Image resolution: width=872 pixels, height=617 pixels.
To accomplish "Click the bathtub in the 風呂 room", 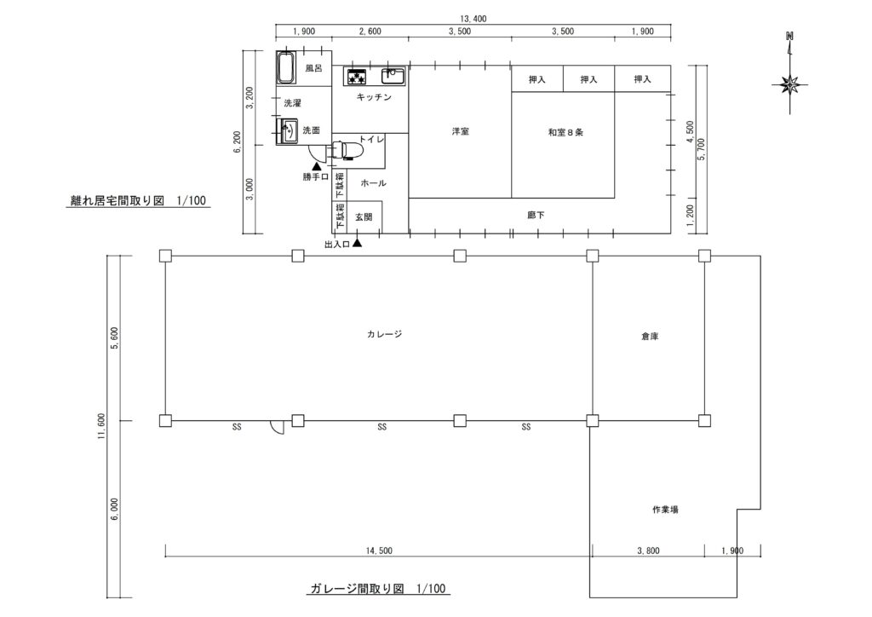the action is click(x=286, y=68).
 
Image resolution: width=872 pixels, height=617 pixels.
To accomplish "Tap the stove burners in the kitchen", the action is click(x=357, y=76).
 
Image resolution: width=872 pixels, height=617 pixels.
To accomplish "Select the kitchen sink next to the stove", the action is click(x=393, y=75).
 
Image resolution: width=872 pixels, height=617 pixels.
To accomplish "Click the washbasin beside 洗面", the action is click(x=288, y=132).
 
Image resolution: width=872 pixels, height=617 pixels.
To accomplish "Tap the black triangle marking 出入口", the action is click(x=357, y=243).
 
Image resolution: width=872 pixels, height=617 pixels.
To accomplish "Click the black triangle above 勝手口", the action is click(x=317, y=166).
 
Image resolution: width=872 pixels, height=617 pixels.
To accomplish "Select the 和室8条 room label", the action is click(x=565, y=132).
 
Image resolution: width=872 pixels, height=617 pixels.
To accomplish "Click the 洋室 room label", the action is click(x=461, y=131).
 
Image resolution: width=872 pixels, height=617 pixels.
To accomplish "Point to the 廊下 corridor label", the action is click(x=536, y=215).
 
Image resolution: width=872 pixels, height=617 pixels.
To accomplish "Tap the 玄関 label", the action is click(x=364, y=217).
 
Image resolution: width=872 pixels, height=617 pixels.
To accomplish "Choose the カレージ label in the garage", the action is click(x=384, y=334).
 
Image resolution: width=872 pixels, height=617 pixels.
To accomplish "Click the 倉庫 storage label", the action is click(x=650, y=336).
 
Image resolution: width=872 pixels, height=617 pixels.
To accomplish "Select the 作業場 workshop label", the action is click(x=665, y=509).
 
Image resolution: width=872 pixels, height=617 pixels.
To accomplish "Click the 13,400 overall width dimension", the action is click(x=473, y=19).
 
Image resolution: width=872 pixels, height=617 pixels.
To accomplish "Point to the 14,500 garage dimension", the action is click(x=379, y=551).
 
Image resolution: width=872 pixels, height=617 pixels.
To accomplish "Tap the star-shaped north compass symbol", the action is click(x=789, y=84).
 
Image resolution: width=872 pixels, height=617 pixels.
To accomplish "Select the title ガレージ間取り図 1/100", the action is click(x=377, y=588).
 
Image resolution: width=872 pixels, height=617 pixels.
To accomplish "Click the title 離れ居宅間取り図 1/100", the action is click(x=138, y=200).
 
